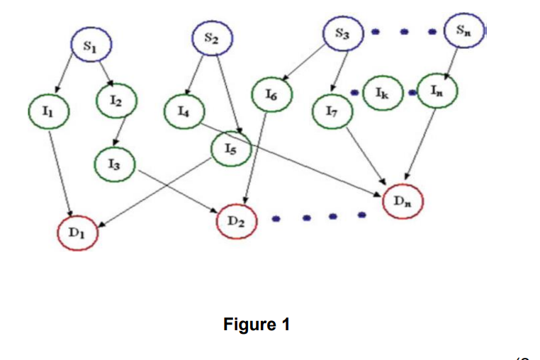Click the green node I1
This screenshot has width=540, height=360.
tap(46, 111)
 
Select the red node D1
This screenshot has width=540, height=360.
tap(79, 233)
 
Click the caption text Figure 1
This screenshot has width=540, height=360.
tap(257, 325)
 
